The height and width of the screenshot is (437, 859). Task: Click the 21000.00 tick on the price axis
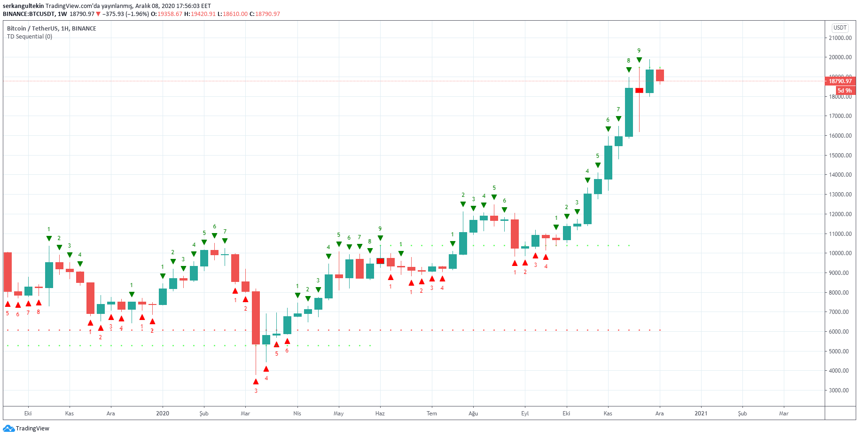840,38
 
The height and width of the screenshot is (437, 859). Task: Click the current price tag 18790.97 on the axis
840,81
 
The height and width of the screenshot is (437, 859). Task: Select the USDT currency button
840,28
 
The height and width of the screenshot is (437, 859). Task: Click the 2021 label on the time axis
701,414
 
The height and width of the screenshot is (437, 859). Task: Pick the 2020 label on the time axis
163,414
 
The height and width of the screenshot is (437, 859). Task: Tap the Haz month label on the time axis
380,414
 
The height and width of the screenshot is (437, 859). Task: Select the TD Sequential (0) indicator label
30,37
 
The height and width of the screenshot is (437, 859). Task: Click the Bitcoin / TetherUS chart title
52,29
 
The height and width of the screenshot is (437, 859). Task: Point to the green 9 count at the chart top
639,51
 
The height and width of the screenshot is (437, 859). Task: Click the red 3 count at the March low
256,390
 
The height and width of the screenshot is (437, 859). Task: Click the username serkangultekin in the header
23,6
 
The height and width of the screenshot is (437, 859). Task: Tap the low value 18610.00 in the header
235,14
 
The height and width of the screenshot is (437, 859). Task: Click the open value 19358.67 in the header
170,14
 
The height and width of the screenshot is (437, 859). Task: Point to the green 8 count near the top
628,61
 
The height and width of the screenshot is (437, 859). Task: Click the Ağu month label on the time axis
473,414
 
